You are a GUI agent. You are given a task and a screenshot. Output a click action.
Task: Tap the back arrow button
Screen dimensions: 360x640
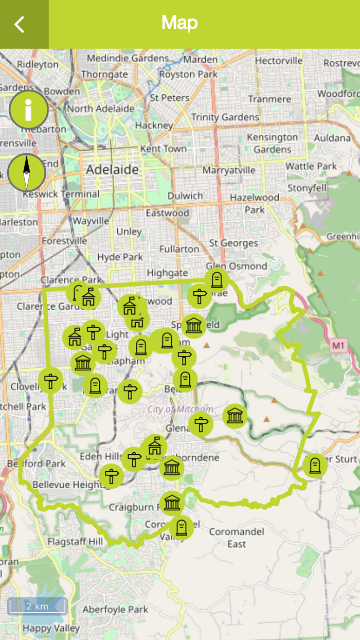coord(20,24)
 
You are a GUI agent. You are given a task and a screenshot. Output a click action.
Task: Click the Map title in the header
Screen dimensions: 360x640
coord(179,23)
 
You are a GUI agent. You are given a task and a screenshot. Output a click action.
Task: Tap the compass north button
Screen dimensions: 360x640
coord(27,172)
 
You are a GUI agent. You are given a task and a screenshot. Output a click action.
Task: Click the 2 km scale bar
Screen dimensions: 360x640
coord(37,606)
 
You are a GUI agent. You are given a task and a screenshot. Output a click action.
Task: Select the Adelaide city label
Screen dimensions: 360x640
coord(112,169)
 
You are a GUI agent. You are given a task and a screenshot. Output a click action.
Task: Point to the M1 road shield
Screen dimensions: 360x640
coord(337,345)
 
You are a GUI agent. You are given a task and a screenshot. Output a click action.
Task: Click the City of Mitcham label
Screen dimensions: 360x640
coord(180,409)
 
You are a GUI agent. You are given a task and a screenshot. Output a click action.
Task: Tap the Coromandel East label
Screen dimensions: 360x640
coord(237,538)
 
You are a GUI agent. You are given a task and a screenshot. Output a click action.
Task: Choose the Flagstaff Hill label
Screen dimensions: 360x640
coord(75,541)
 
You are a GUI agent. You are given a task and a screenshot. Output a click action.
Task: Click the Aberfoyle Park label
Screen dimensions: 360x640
coord(115,610)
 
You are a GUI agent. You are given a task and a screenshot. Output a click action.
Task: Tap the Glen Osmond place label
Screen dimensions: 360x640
coord(236,266)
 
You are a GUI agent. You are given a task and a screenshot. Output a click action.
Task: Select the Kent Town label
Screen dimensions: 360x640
coord(163,149)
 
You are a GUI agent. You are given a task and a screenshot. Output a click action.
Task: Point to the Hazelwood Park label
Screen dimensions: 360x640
coord(255,203)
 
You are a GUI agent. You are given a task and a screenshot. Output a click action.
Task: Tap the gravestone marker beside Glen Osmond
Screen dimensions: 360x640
coord(217,280)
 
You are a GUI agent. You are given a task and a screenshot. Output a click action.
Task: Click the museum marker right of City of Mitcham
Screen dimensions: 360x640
coord(235,416)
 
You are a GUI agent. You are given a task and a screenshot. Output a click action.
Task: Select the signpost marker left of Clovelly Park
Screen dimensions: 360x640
coord(50,381)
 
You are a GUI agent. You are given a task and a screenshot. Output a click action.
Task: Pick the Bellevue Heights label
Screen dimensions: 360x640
coord(63,485)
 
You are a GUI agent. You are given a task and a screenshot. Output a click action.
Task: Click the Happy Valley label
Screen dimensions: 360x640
coord(51,628)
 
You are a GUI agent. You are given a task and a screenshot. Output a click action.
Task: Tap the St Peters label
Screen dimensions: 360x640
coord(170,97)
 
